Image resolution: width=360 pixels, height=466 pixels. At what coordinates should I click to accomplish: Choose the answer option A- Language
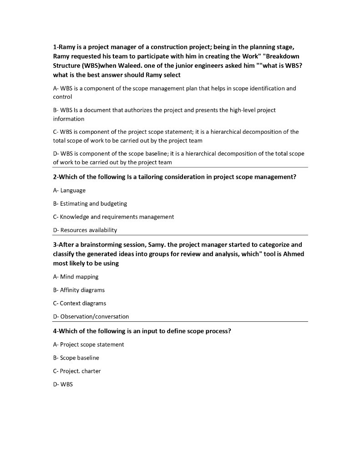69,190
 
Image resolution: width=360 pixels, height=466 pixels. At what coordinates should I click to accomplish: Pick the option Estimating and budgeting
90,203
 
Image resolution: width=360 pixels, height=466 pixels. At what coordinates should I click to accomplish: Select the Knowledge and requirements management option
113,217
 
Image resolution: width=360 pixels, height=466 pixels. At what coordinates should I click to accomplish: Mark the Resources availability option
85,230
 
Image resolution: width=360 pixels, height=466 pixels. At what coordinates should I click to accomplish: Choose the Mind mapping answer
76,277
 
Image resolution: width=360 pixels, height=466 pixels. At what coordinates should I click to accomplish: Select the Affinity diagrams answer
79,290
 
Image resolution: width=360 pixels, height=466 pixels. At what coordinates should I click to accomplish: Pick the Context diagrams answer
80,303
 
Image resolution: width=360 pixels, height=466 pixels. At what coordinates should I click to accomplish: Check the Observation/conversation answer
91,316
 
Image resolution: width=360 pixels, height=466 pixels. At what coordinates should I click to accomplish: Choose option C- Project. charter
77,371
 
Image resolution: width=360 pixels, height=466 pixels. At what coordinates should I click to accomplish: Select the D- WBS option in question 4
63,384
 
